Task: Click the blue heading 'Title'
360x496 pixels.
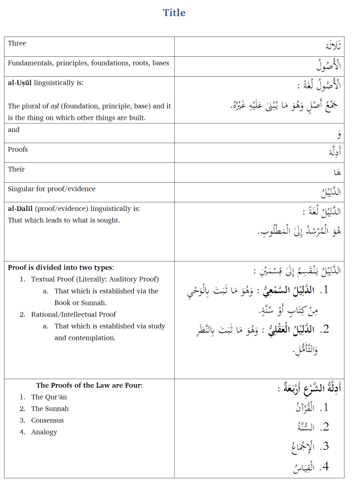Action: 174,13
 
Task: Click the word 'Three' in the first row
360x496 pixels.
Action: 17,44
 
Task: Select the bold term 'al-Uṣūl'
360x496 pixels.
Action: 20,83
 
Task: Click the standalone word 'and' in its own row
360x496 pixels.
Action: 14,130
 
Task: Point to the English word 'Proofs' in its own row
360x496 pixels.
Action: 18,150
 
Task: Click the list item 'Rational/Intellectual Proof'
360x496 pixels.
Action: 74,315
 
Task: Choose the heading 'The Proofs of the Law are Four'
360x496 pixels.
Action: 89,385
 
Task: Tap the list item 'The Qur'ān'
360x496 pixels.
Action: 49,397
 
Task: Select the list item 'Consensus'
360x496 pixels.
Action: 47,420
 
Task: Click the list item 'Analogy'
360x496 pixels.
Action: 44,432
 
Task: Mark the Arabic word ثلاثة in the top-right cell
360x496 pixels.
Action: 333,46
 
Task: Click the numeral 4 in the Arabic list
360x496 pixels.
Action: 326,466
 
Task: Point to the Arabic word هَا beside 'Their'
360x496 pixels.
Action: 337,172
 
